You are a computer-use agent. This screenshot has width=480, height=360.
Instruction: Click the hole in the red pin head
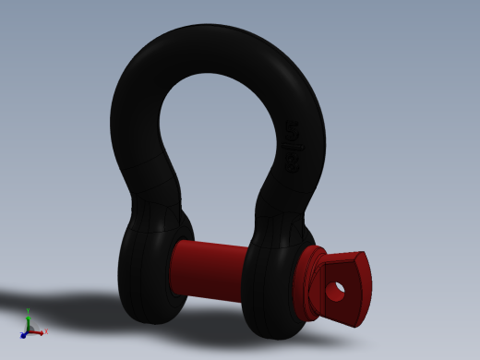(335, 291)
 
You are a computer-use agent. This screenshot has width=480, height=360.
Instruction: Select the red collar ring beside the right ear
(308, 282)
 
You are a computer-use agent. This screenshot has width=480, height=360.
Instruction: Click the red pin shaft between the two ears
(208, 270)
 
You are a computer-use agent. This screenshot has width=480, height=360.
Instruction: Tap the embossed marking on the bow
(293, 148)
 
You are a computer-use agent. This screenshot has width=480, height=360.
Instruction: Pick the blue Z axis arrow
(23, 335)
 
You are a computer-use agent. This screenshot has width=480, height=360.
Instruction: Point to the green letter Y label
(28, 310)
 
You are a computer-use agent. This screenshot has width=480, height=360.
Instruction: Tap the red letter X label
(46, 331)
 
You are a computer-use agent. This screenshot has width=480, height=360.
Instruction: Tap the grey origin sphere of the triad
(30, 330)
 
